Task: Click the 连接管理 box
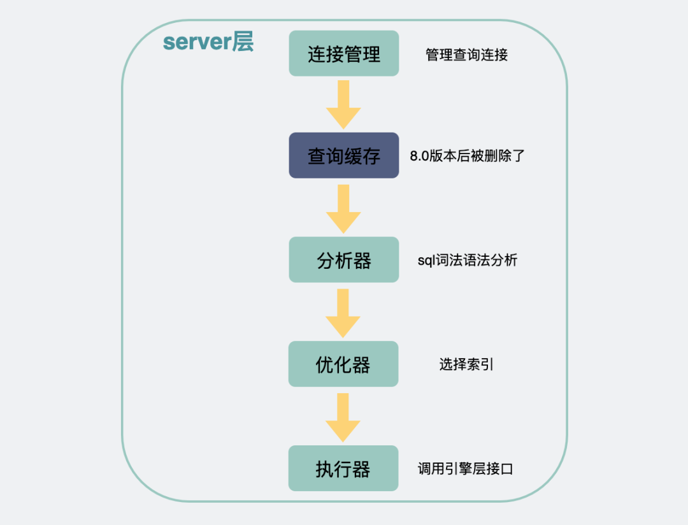click(344, 54)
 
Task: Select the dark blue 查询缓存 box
click(344, 155)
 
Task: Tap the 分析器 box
click(344, 260)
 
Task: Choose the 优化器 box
click(343, 364)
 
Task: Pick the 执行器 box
click(343, 468)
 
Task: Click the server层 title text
click(208, 42)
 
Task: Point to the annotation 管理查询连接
click(466, 55)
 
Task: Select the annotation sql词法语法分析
click(467, 260)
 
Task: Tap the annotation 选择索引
click(466, 364)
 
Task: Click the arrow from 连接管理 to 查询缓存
click(343, 104)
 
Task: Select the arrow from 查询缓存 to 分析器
click(343, 208)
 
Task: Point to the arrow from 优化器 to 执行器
click(343, 417)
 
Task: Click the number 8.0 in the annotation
click(420, 156)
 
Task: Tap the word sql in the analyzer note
click(425, 261)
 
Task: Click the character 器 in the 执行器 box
click(361, 469)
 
